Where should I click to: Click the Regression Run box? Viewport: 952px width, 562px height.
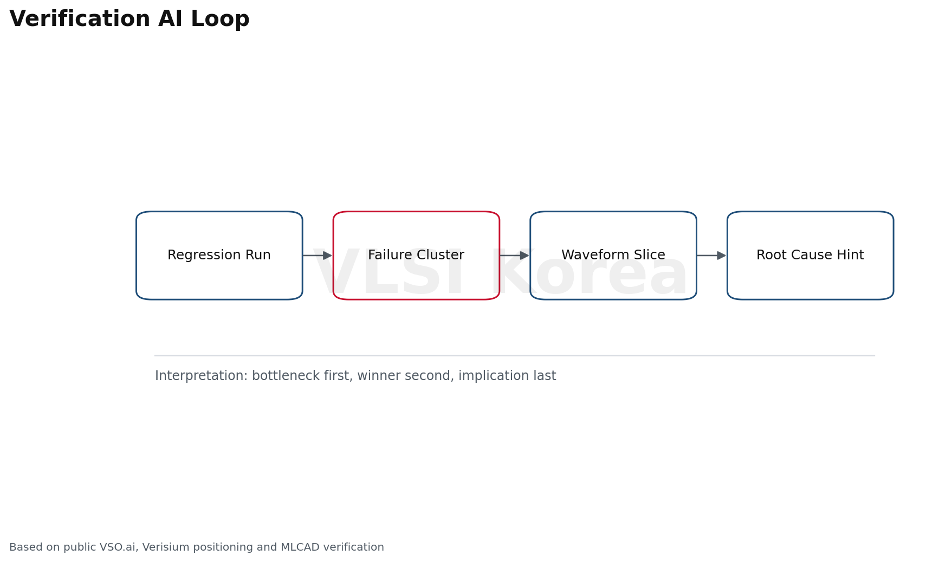click(219, 256)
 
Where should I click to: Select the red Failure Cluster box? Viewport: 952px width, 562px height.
click(416, 256)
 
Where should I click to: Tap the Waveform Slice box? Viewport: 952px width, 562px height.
click(613, 256)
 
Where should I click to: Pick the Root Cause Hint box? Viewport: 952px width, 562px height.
click(810, 256)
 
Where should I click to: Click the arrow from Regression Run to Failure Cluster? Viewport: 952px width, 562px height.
click(318, 256)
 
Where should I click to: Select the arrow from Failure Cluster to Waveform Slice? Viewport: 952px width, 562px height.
click(514, 256)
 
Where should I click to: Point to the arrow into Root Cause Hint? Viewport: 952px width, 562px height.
click(711, 256)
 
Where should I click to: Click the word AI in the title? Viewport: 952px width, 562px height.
click(171, 19)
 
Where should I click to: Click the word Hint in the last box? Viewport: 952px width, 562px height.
click(851, 255)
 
